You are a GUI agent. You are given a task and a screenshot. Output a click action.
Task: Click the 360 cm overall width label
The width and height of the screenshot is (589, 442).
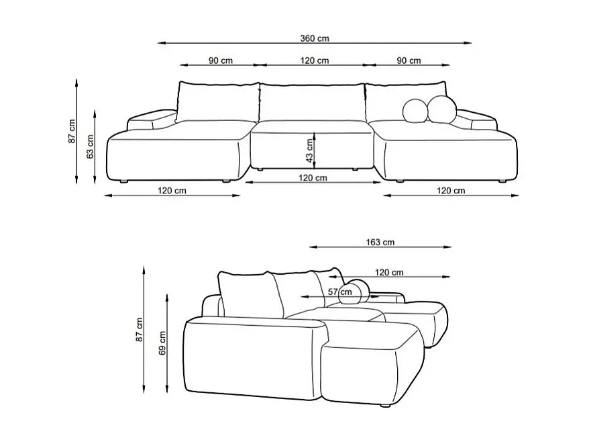click(315, 38)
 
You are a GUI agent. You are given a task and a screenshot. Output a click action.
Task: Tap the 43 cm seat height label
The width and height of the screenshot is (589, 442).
click(309, 150)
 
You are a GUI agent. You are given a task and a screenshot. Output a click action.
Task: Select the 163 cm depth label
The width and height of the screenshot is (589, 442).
click(380, 242)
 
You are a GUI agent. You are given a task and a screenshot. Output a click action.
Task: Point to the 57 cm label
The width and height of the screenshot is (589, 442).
click(340, 292)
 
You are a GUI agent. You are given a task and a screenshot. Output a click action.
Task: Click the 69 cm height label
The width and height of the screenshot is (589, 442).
click(162, 343)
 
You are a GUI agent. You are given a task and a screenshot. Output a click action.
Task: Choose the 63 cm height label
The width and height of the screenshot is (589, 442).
click(90, 146)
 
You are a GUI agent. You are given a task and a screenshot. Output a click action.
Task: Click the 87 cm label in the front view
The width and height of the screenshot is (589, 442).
click(72, 131)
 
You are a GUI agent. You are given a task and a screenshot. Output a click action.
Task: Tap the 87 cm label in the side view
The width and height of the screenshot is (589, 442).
click(140, 330)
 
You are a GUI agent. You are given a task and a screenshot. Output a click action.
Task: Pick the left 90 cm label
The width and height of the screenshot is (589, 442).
click(221, 60)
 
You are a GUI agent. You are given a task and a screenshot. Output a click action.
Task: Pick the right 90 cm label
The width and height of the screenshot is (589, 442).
click(409, 60)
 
